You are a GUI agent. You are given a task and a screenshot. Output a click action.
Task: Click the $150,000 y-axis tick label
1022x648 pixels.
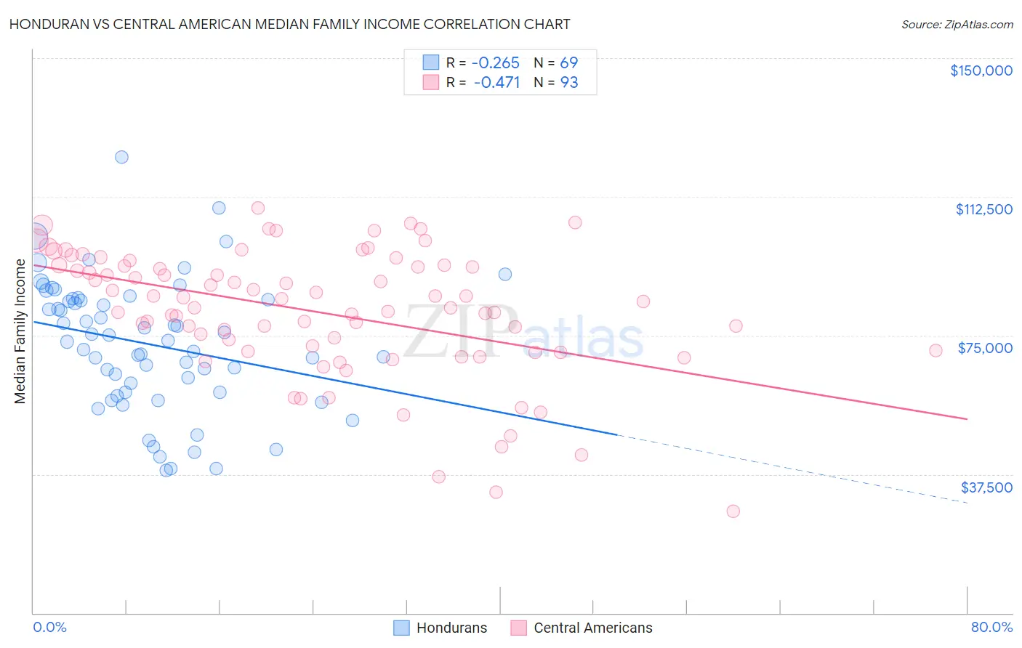(x=981, y=70)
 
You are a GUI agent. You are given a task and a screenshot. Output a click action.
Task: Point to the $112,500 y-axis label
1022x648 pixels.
(x=983, y=209)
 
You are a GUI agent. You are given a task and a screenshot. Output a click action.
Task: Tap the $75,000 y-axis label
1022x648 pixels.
(x=985, y=348)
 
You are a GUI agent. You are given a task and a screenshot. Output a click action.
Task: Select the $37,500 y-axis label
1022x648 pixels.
(x=986, y=487)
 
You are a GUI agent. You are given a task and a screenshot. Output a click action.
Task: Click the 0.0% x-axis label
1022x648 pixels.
(x=49, y=627)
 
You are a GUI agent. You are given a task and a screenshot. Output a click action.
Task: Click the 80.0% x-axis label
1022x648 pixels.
(x=991, y=627)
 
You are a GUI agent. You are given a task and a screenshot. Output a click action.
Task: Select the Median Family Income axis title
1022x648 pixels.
(x=20, y=331)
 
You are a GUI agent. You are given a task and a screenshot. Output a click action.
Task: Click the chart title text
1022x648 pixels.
(x=289, y=24)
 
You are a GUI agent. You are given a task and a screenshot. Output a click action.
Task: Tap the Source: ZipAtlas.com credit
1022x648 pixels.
(x=957, y=24)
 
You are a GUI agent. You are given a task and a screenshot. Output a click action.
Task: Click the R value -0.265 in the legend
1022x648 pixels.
(x=496, y=62)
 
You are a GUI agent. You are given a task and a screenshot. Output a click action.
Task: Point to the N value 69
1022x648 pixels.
(x=568, y=62)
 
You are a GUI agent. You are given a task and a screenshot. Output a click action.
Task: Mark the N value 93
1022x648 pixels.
(x=568, y=82)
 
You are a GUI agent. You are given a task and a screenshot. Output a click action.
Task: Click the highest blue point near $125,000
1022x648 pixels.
(x=121, y=157)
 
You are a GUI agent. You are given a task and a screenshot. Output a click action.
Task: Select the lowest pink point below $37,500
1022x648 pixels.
(x=733, y=511)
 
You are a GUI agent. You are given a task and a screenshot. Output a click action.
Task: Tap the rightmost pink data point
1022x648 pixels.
(x=936, y=350)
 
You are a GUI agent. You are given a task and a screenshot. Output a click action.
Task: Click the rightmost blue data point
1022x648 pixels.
(x=504, y=274)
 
